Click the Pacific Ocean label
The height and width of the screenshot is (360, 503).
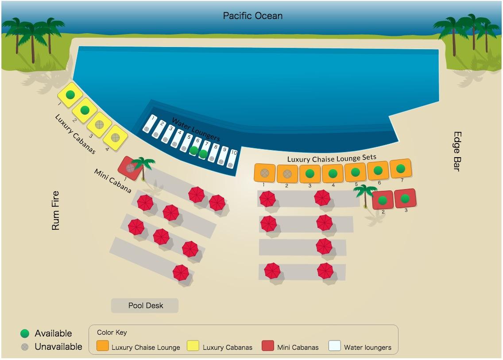(x=253, y=16)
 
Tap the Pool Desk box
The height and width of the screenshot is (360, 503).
(x=145, y=306)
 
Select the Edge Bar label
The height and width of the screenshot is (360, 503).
(x=457, y=151)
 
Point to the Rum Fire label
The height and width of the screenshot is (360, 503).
(x=55, y=210)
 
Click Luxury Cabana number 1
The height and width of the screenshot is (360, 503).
(x=70, y=95)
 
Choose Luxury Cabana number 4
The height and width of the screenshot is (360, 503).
(x=115, y=138)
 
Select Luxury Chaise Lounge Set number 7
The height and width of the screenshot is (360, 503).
(x=401, y=168)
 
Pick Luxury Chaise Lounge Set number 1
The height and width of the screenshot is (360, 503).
(x=265, y=173)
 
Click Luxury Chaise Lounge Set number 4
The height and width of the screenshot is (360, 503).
(x=333, y=174)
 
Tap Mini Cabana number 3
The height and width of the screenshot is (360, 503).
(x=405, y=198)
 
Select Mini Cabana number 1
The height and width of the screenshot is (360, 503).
(x=130, y=168)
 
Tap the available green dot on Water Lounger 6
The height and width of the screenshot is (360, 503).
(x=194, y=150)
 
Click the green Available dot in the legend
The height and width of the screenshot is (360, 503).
(x=25, y=333)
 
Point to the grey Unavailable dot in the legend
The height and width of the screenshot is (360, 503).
(x=25, y=347)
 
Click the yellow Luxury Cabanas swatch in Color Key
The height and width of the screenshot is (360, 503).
(x=193, y=345)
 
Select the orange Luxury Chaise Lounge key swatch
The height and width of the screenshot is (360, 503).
(x=102, y=345)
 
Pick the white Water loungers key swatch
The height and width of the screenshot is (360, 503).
(x=335, y=345)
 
